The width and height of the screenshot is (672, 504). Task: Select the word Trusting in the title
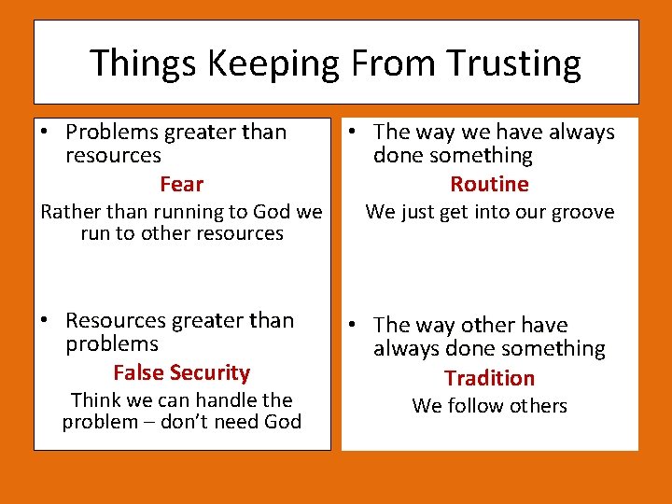click(x=510, y=63)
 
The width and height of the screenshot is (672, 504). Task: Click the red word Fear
click(x=181, y=184)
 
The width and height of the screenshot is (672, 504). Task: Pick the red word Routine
click(x=489, y=184)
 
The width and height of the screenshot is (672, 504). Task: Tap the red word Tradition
click(x=489, y=378)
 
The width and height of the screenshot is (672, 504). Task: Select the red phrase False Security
click(x=181, y=372)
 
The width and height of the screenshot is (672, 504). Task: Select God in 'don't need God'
click(x=281, y=422)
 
